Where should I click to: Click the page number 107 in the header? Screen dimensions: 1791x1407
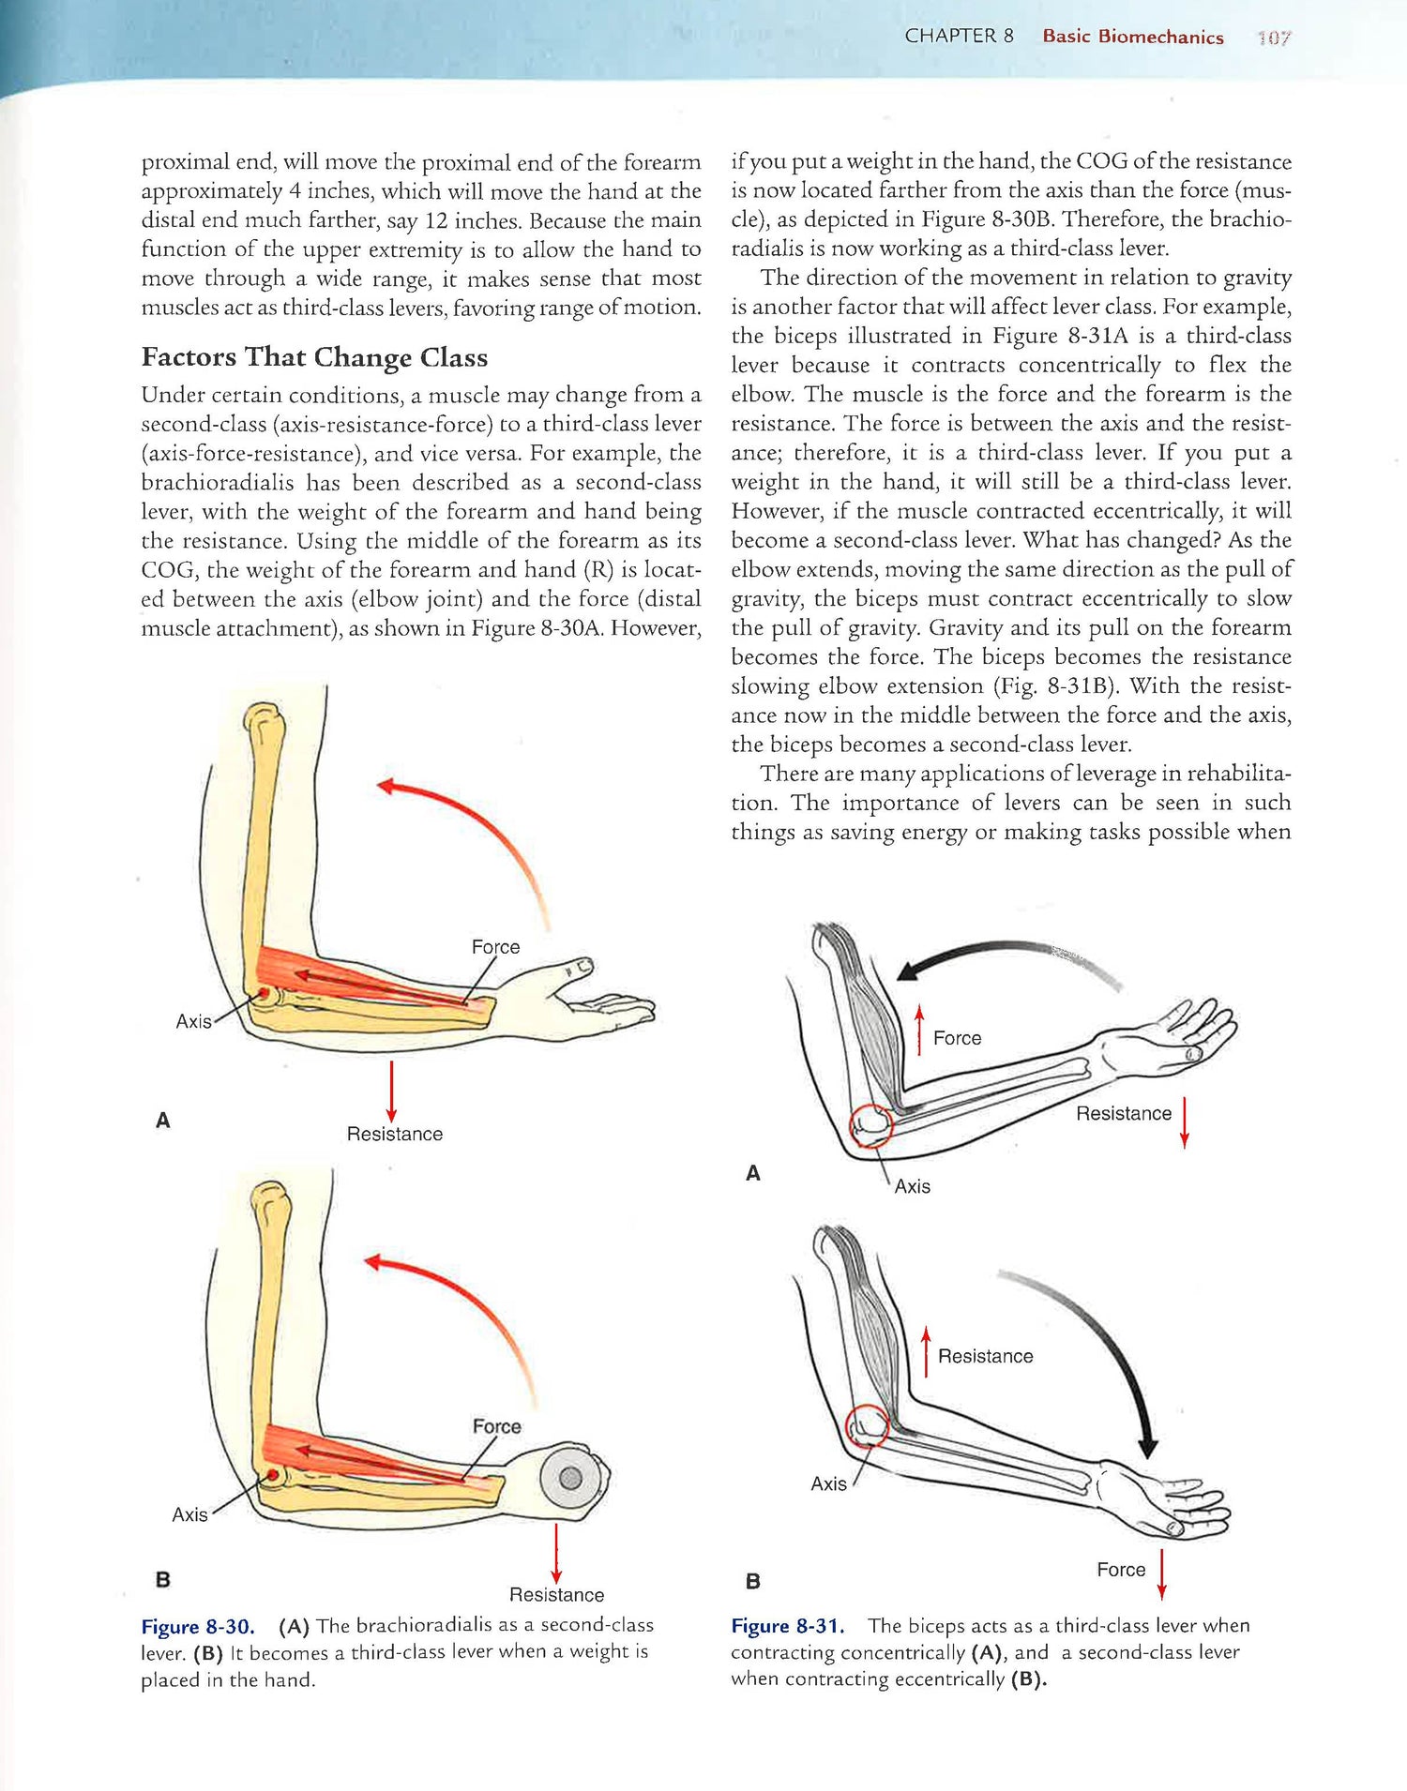(1274, 38)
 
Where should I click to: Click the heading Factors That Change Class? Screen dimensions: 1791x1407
(314, 357)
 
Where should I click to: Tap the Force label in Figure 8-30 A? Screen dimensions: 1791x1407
(495, 947)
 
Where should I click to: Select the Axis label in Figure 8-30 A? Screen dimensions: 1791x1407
(193, 1021)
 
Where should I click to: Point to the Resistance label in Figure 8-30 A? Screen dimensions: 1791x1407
(394, 1134)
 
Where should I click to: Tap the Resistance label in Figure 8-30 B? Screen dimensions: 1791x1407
(556, 1594)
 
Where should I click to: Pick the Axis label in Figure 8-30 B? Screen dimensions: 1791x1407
(189, 1514)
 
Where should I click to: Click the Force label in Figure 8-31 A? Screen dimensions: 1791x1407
(957, 1038)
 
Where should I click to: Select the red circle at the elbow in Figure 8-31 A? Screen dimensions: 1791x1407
(870, 1125)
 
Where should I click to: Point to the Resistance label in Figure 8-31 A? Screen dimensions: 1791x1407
(1124, 1113)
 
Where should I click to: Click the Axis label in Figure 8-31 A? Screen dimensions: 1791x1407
(912, 1186)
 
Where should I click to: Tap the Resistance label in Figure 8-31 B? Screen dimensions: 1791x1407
(985, 1356)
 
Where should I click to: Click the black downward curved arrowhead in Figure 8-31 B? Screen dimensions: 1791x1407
(1148, 1446)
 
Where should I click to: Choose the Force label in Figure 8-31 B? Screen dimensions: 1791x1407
(1121, 1570)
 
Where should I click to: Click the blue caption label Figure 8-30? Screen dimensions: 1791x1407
(198, 1626)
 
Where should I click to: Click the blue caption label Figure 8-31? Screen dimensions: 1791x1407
(788, 1625)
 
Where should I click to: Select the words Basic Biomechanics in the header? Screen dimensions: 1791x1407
(1133, 37)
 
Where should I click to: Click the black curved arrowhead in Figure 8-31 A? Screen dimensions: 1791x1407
(908, 971)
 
